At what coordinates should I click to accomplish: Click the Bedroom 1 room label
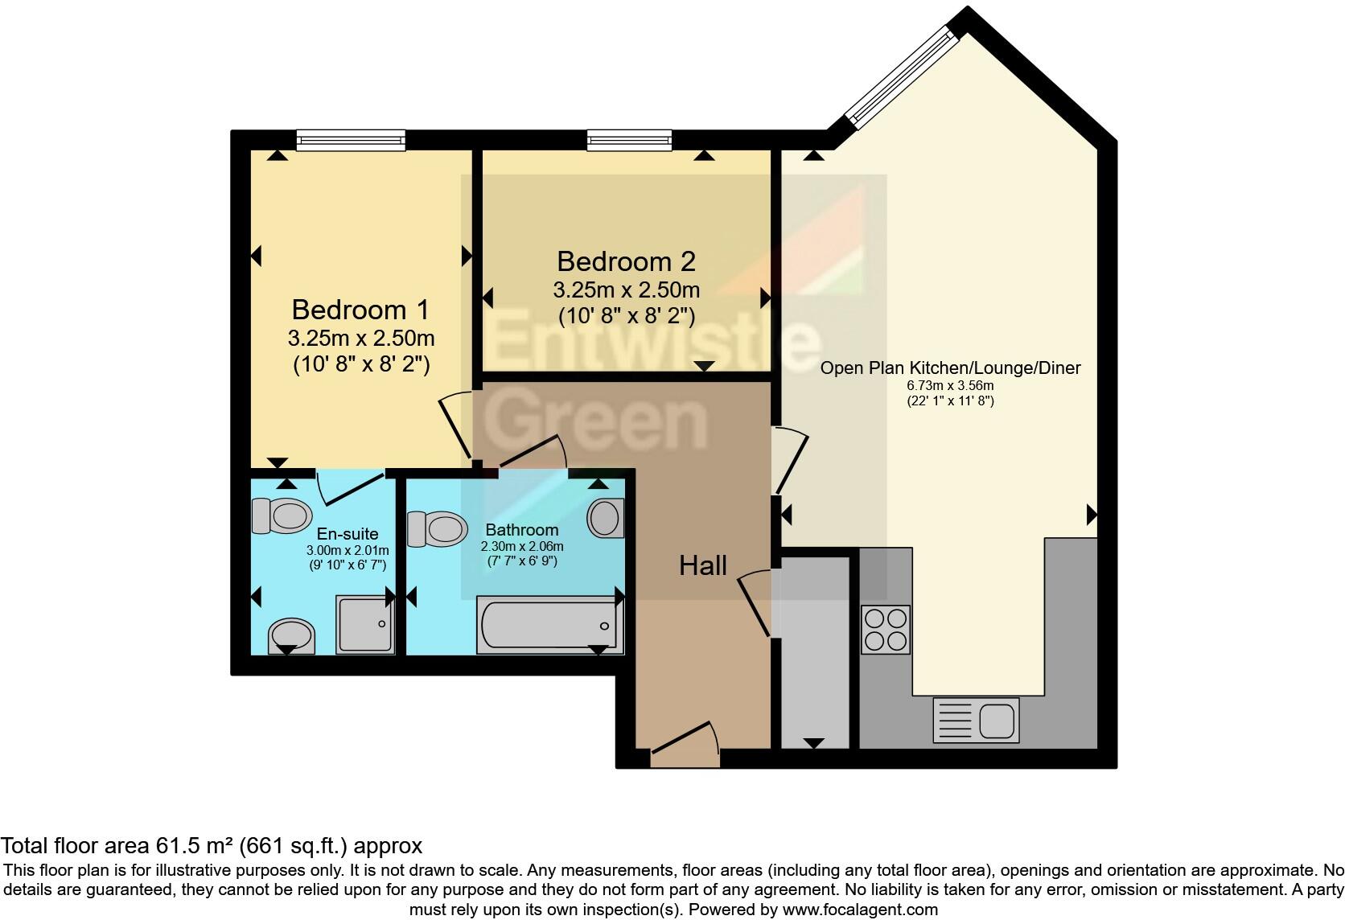(360, 310)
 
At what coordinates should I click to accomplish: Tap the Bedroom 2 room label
(625, 261)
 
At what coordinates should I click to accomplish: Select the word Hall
(702, 565)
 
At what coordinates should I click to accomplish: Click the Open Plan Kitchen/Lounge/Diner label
(950, 368)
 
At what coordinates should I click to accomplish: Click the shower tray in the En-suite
(364, 623)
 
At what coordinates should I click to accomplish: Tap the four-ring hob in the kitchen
(886, 629)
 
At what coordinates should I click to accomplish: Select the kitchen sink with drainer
(976, 719)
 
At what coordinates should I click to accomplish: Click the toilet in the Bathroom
(437, 528)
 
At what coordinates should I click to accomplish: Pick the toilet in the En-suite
(282, 515)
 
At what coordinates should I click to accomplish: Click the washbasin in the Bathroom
(605, 518)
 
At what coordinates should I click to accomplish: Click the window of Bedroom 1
(351, 141)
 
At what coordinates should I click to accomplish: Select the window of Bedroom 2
(629, 141)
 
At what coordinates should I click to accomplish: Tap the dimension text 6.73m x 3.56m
(950, 385)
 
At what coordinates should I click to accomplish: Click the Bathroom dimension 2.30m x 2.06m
(522, 546)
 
